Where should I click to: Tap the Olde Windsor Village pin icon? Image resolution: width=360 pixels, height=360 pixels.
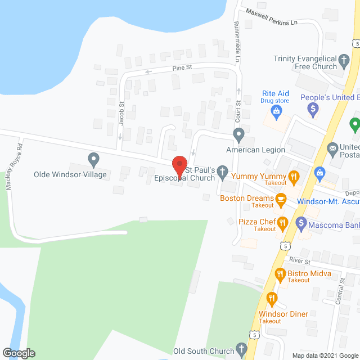pyautogui.click(x=93, y=160)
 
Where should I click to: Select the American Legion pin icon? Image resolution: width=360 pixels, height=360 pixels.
pyautogui.click(x=238, y=136)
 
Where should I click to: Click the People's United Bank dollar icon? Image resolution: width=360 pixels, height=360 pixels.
pyautogui.click(x=314, y=110)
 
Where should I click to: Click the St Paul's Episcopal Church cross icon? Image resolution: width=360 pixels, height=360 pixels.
pyautogui.click(x=223, y=172)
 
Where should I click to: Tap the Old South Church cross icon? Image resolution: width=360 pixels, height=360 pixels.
pyautogui.click(x=242, y=349)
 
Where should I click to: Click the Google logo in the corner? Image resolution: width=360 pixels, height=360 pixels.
pyautogui.click(x=19, y=353)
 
